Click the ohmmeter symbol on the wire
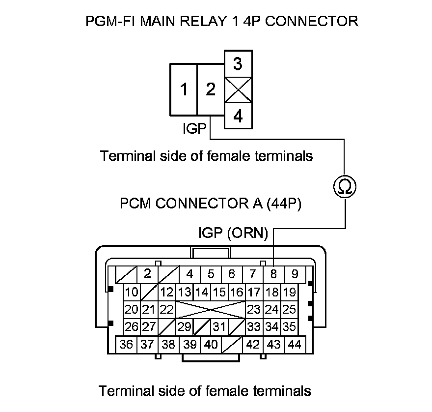point(344,187)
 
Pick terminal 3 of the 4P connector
point(238,64)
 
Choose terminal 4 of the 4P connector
point(238,116)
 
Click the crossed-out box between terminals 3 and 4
point(238,90)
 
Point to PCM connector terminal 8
point(273,274)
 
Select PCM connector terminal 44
point(295,344)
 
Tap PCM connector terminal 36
point(126,344)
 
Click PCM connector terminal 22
point(167,310)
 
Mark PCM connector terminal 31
point(219,326)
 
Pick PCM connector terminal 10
point(132,293)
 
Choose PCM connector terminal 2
point(147,274)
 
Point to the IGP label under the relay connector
point(194,129)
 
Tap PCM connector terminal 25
point(290,310)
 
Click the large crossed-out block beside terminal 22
point(211,310)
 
